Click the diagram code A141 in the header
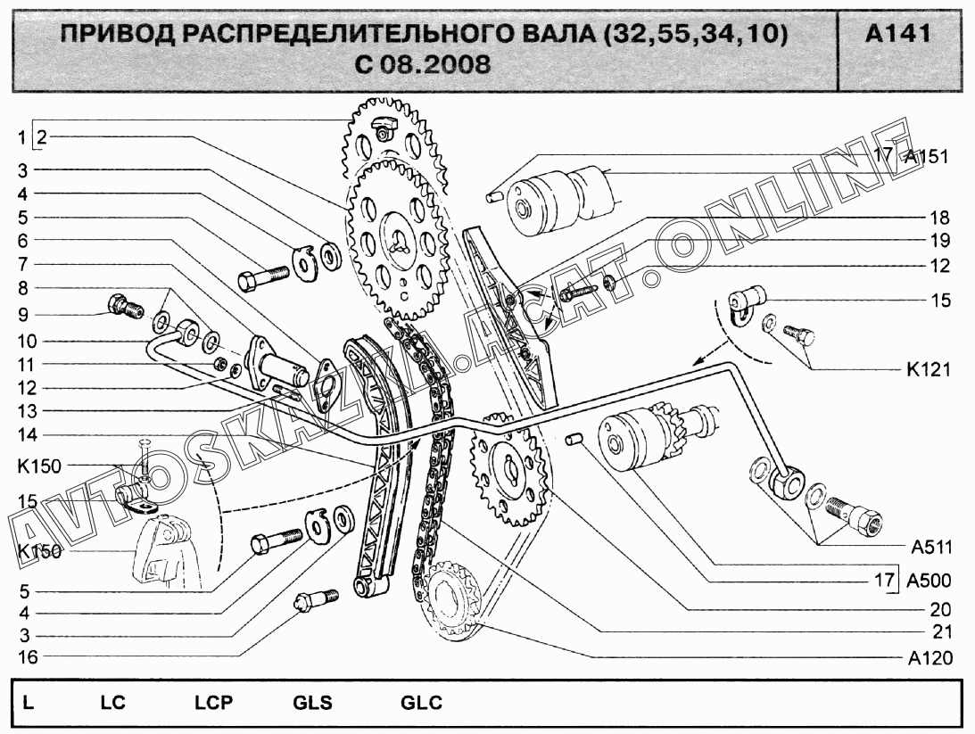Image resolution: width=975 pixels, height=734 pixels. click(897, 35)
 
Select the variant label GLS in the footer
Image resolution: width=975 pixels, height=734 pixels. click(312, 703)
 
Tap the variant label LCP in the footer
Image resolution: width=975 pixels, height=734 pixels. click(213, 703)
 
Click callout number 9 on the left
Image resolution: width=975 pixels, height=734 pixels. click(23, 314)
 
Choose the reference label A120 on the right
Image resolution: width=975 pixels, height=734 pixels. click(930, 659)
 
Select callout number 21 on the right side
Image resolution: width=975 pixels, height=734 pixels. click(940, 632)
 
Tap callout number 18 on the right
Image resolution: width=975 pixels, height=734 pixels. click(940, 218)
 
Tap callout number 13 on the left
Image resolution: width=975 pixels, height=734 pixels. click(23, 411)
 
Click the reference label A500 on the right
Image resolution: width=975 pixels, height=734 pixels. click(929, 581)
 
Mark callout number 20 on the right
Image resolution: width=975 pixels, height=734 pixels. click(940, 610)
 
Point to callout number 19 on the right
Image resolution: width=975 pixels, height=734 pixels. click(940, 241)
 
